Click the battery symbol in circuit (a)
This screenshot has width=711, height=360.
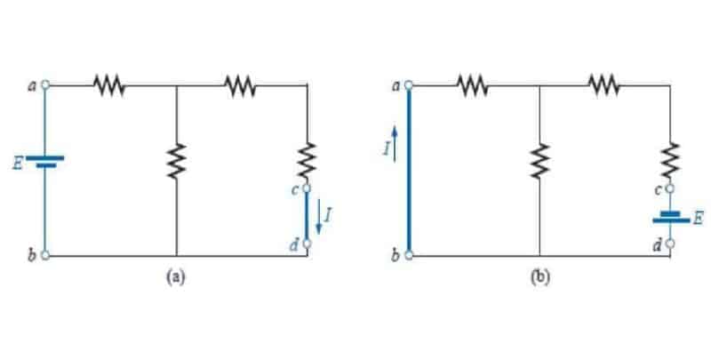[45, 162]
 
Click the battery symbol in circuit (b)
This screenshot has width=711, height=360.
[671, 217]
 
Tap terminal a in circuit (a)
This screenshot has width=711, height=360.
[45, 84]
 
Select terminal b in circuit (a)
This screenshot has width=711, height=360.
[45, 255]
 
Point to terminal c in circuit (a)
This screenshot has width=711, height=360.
[307, 188]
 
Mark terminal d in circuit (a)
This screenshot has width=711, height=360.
[307, 244]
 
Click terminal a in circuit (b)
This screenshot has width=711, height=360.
[409, 84]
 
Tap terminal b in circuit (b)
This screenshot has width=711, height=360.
[409, 255]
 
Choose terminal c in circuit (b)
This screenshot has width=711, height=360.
[670, 188]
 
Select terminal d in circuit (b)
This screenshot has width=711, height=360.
[670, 244]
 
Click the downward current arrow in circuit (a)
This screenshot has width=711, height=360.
[319, 217]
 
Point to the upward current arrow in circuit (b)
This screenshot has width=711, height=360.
[395, 144]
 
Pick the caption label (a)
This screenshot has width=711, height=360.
[175, 276]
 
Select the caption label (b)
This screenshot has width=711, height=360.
[539, 276]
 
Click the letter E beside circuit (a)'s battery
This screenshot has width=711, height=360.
[18, 164]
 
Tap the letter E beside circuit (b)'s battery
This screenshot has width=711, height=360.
[699, 219]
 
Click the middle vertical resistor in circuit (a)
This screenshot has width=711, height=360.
[176, 161]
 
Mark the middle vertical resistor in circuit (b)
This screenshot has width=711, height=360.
[539, 161]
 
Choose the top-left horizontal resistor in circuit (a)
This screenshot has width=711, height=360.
[109, 85]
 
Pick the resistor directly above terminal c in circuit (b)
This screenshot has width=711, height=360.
[671, 160]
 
